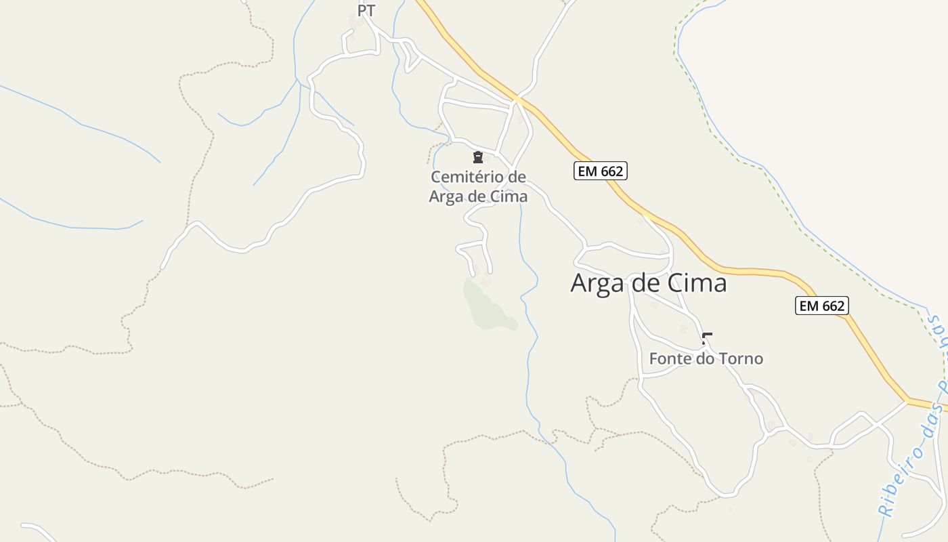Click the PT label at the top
point(366,12)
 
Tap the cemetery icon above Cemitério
point(478,158)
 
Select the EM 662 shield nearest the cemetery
point(601,171)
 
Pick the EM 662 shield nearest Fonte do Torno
point(821,306)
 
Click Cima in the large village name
point(697,283)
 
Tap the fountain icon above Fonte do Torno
point(707,338)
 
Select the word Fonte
point(670,358)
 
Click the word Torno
point(740,358)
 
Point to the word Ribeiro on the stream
point(902,482)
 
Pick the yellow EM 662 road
point(745,270)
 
